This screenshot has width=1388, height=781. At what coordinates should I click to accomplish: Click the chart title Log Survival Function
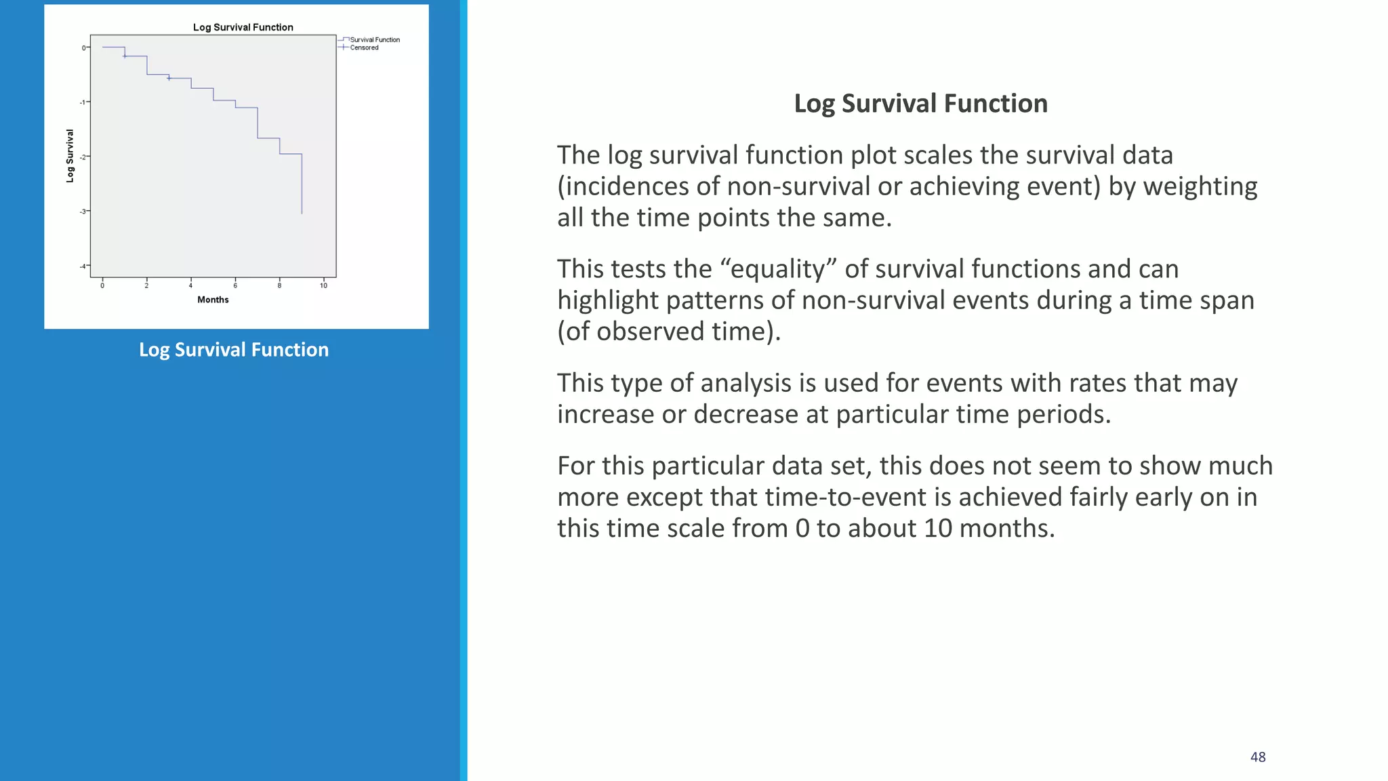point(243,27)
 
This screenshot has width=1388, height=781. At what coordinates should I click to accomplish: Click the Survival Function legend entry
point(374,40)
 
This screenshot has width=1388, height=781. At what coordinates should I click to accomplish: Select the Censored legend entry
point(364,48)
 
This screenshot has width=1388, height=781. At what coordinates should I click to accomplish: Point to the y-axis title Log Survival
point(70,156)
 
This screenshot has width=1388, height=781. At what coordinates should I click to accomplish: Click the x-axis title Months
point(213,300)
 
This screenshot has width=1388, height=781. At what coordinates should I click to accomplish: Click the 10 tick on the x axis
point(323,285)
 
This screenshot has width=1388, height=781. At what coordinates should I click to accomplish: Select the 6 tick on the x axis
point(235,285)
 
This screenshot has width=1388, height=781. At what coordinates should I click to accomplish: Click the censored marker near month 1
point(125,56)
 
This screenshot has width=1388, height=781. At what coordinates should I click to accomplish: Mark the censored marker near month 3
point(169,79)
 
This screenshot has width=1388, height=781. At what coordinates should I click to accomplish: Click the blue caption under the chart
point(234,350)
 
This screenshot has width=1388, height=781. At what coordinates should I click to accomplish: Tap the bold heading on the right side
point(920,104)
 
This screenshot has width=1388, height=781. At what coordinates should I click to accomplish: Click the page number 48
point(1258,757)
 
